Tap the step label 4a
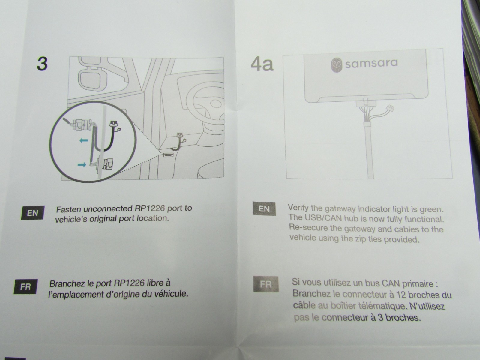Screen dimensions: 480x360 [x=262, y=64]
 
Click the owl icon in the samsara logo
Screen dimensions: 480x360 [x=337, y=65]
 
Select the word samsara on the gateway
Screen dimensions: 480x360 [x=371, y=64]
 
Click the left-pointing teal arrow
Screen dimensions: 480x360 [x=84, y=140]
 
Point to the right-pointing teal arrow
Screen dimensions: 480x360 [x=82, y=164]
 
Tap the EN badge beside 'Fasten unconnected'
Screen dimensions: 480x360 [x=33, y=213]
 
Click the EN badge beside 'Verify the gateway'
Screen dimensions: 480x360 [x=264, y=209]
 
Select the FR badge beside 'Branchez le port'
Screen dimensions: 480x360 [x=25, y=286]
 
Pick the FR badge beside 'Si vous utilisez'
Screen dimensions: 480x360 [x=266, y=284]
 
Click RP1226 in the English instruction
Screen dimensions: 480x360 [x=150, y=208]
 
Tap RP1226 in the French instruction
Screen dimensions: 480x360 [x=130, y=283]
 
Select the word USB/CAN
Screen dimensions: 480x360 [x=323, y=218]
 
